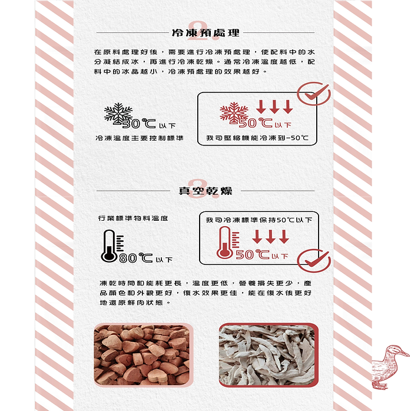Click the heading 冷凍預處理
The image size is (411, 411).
tap(206, 33)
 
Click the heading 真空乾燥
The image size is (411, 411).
tap(206, 191)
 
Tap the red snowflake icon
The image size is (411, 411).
tap(234, 112)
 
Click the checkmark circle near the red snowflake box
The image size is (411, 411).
tap(314, 94)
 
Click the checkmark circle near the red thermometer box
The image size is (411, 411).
tap(314, 260)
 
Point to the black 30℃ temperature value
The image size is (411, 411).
tap(139, 123)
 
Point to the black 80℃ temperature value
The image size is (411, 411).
tap(136, 258)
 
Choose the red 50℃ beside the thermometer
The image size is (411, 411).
tap(253, 254)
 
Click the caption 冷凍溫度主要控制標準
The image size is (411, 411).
tap(139, 138)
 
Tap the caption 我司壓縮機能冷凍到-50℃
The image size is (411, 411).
tap(257, 138)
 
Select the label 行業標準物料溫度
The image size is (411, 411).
tap(133, 218)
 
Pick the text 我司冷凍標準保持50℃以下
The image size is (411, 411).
tap(259, 220)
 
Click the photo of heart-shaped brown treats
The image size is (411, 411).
tap(143, 355)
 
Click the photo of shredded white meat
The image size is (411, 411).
tap(269, 355)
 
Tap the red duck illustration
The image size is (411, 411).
tap(390, 367)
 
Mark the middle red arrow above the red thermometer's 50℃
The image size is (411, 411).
tap(270, 237)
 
